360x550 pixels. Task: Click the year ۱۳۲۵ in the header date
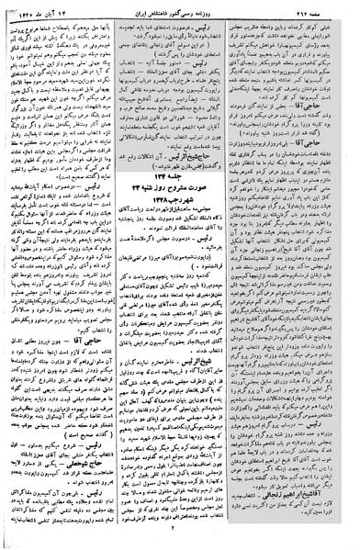[x=33, y=7]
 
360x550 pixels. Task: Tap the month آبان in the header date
[x=67, y=7]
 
